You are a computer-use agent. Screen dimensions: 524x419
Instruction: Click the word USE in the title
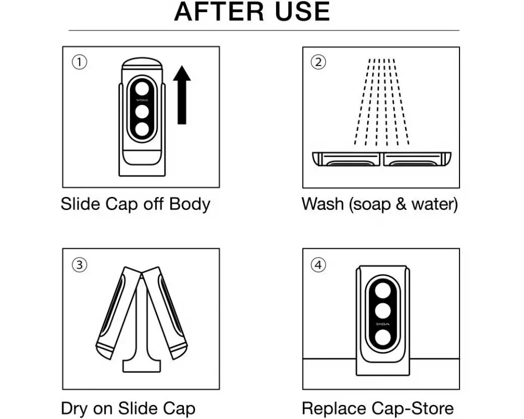point(302,12)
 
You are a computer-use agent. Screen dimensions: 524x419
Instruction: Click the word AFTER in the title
point(219,12)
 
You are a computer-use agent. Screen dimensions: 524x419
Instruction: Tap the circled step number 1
point(80,62)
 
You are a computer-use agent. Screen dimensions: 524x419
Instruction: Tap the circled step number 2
point(318,62)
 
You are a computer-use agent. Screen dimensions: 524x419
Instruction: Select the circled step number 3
point(80,265)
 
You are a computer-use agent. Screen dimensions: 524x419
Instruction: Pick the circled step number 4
point(318,265)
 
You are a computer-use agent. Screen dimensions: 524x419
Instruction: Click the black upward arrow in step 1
point(182,95)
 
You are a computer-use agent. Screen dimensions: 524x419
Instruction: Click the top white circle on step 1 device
point(143,89)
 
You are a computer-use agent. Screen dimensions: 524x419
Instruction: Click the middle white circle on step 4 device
point(383,311)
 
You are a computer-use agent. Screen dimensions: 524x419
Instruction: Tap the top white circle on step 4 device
point(383,290)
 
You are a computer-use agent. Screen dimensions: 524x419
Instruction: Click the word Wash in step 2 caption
point(322,204)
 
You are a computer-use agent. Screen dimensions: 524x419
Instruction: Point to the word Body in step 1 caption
point(190,204)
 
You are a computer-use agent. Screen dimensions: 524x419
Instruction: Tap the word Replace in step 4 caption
point(334,409)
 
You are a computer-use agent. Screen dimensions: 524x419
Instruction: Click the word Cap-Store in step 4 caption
point(412,409)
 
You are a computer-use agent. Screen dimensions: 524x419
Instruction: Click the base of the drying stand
point(141,366)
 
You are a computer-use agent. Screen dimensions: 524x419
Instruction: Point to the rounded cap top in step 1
point(142,64)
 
